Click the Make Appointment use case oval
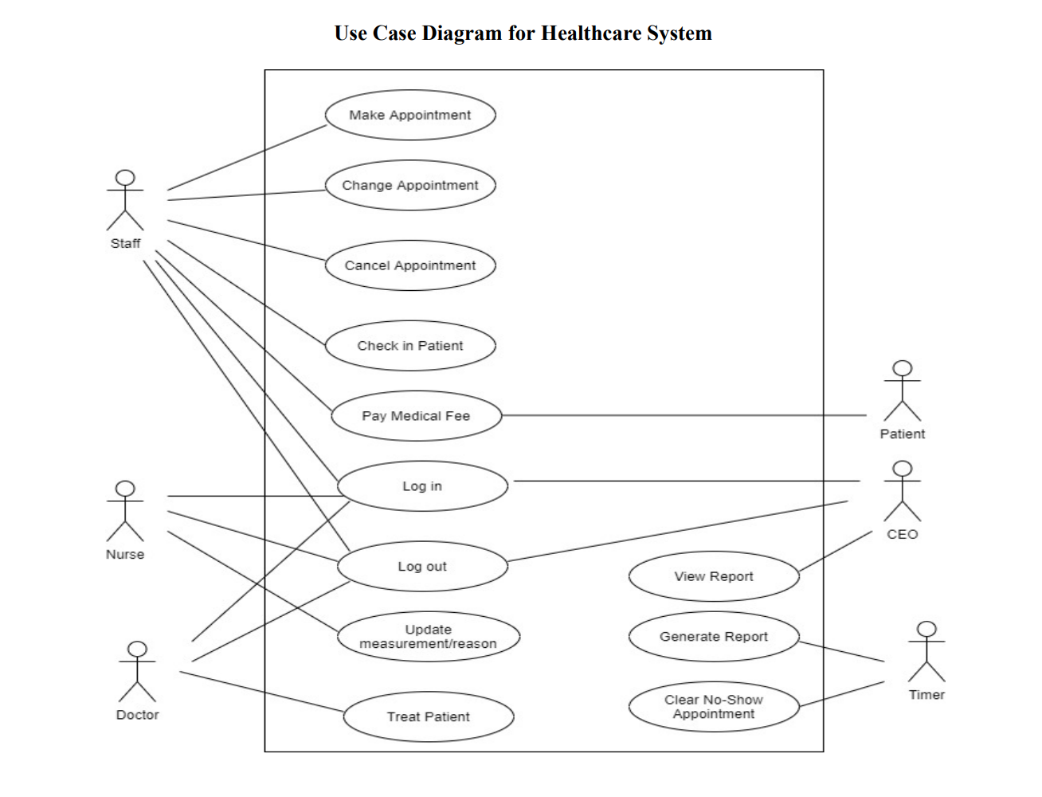click(x=410, y=115)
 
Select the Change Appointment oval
click(x=410, y=185)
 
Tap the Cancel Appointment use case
click(x=410, y=265)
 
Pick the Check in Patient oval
click(x=410, y=346)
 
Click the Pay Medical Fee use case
click(x=416, y=416)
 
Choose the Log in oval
click(x=422, y=486)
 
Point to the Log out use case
click(x=422, y=567)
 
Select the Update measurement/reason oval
click(x=428, y=636)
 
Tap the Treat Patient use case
click(x=429, y=717)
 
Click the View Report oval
click(x=714, y=576)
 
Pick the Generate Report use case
click(x=714, y=637)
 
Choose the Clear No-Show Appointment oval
click(x=714, y=707)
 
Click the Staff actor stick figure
click(x=125, y=200)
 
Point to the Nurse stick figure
click(x=125, y=511)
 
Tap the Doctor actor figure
click(x=137, y=672)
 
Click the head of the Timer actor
click(x=926, y=629)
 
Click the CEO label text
click(x=902, y=534)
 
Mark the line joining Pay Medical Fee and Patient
click(x=685, y=415)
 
